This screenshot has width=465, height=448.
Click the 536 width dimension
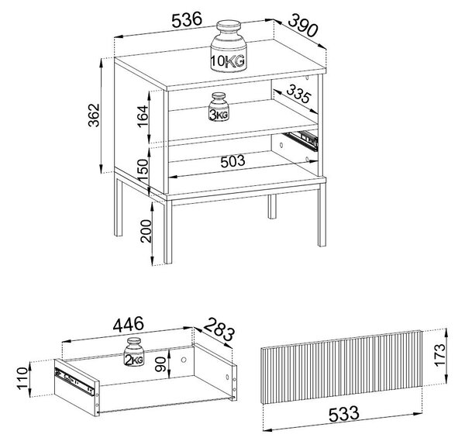point(187,20)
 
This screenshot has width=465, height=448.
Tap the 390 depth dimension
point(302,25)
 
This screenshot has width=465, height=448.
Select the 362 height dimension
point(94,115)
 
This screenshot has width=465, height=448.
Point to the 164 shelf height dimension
point(143,116)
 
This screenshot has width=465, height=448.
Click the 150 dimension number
point(143,171)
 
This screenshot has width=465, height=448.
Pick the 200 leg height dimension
point(146,231)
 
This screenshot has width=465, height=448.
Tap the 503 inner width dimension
point(232,161)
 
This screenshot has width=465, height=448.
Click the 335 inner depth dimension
point(298,94)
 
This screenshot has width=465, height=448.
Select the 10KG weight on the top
point(229,46)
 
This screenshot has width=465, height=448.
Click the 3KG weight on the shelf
point(219,107)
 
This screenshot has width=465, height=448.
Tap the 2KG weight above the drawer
point(134,352)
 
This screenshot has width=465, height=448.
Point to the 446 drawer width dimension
point(128,324)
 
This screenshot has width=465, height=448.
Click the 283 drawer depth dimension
point(219,329)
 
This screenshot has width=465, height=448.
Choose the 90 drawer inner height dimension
point(160,364)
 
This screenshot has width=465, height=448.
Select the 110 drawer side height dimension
point(22,378)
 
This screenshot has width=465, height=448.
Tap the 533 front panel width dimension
point(343,414)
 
